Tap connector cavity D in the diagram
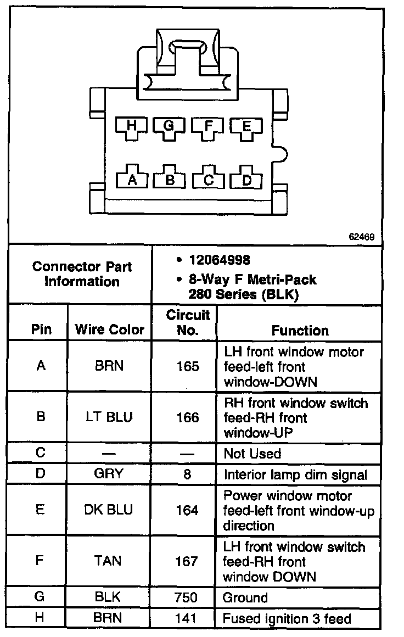point(247,180)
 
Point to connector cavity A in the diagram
point(132,180)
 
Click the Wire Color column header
point(109,330)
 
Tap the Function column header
point(300,331)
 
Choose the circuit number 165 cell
point(187,366)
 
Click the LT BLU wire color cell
point(109,417)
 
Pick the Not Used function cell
point(252,454)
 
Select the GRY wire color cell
point(109,474)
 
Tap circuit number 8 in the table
point(187,474)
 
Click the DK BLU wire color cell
point(109,510)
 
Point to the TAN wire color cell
point(109,561)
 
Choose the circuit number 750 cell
point(187,597)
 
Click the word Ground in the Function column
point(245,597)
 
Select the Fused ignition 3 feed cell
point(287,619)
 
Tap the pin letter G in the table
point(40,597)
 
